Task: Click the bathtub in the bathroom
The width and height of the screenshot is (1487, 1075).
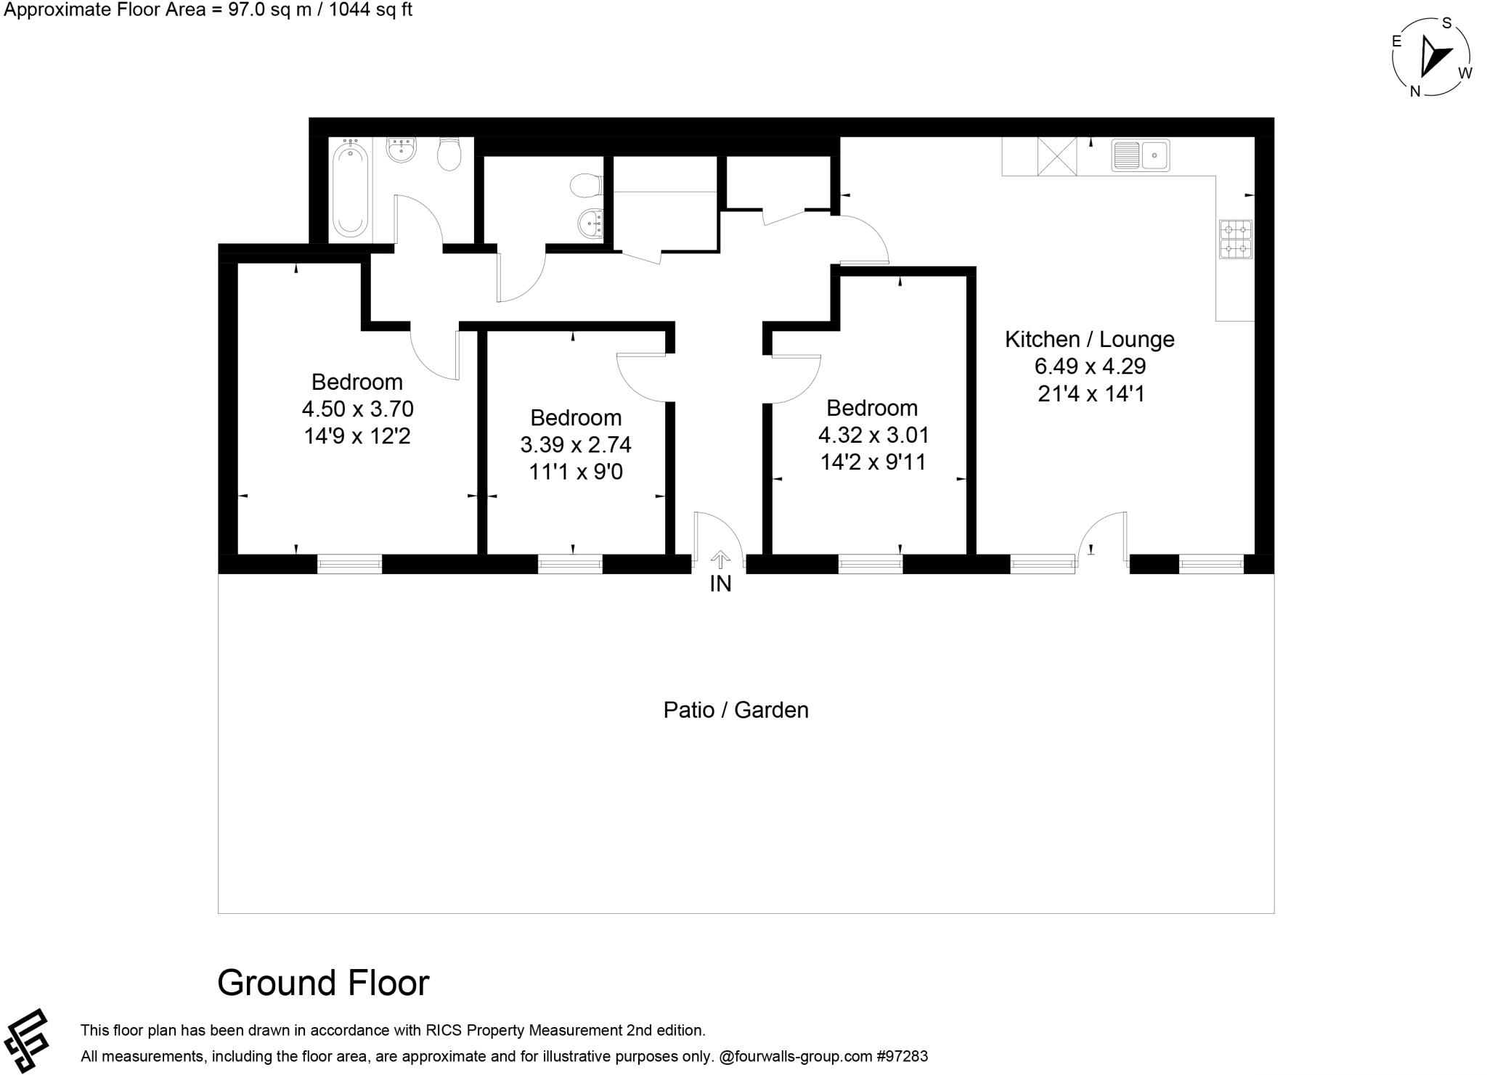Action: click(x=349, y=189)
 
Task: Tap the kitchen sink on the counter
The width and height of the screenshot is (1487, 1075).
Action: click(x=1140, y=155)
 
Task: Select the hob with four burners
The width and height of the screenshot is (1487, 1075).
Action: click(x=1235, y=240)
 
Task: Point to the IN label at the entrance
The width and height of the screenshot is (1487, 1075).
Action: click(x=720, y=584)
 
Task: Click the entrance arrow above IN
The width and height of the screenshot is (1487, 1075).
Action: click(x=720, y=559)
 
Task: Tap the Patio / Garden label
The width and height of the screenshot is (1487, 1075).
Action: click(x=736, y=710)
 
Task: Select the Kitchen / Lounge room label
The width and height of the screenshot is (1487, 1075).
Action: click(x=1089, y=339)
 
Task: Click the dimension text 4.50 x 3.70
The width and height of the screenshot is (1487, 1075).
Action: click(x=357, y=409)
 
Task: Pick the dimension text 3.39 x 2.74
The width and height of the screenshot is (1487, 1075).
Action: click(x=576, y=444)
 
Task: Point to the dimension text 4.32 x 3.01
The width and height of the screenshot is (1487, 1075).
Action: click(x=873, y=435)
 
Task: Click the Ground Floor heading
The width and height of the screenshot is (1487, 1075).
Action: click(x=323, y=983)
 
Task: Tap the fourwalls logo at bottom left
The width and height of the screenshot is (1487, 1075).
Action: click(x=26, y=1040)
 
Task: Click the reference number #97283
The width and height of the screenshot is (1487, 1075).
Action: click(x=902, y=1056)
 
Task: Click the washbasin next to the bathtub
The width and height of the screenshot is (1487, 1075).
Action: click(x=401, y=151)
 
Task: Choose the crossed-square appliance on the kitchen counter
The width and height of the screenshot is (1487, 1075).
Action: click(x=1056, y=156)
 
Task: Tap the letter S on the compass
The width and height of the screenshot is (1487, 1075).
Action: click(x=1446, y=23)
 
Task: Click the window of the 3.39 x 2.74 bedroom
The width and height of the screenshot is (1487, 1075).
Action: click(x=570, y=564)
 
